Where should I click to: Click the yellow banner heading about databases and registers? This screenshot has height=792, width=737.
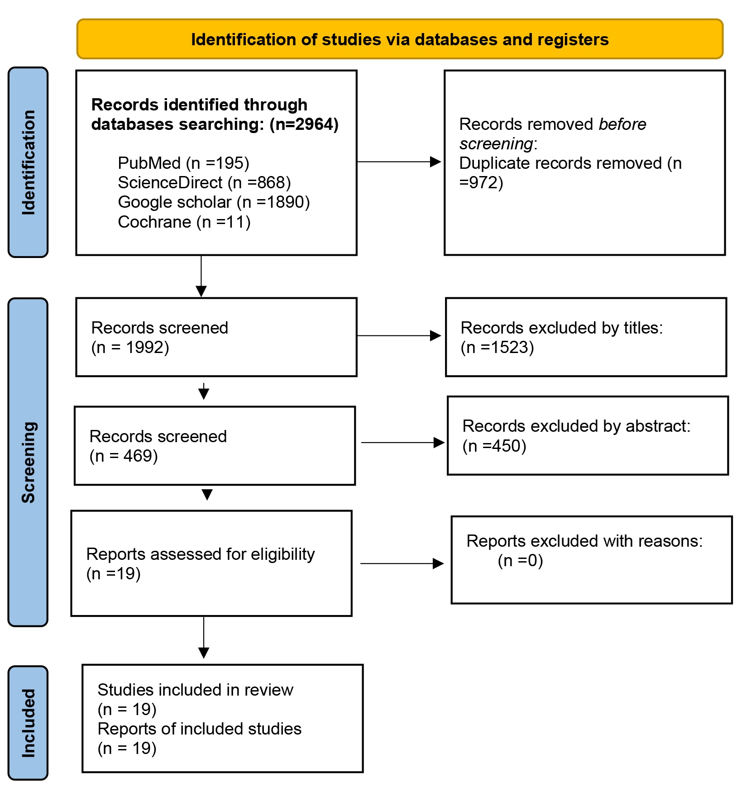tap(399, 39)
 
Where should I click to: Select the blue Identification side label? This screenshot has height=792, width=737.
tap(28, 162)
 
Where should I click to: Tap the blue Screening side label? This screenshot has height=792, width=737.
tap(28, 462)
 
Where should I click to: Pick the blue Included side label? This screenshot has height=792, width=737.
tap(28, 723)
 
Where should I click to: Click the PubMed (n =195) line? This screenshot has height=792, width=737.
tap(183, 163)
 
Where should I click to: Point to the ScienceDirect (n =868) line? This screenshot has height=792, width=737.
tap(204, 182)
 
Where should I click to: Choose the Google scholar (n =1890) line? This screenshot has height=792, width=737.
tap(214, 202)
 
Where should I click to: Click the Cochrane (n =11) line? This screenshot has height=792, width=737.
tap(184, 222)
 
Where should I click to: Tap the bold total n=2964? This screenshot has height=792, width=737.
tap(304, 124)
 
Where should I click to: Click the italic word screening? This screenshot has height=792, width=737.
tap(496, 143)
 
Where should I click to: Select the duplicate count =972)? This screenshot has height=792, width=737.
tap(481, 182)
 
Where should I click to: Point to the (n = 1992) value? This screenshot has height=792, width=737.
tap(130, 347)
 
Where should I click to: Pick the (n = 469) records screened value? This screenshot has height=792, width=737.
tap(124, 456)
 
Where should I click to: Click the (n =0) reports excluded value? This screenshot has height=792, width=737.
tap(520, 560)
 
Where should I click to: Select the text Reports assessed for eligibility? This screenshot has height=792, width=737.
tap(200, 554)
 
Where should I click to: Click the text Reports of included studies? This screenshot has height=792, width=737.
tap(199, 729)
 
